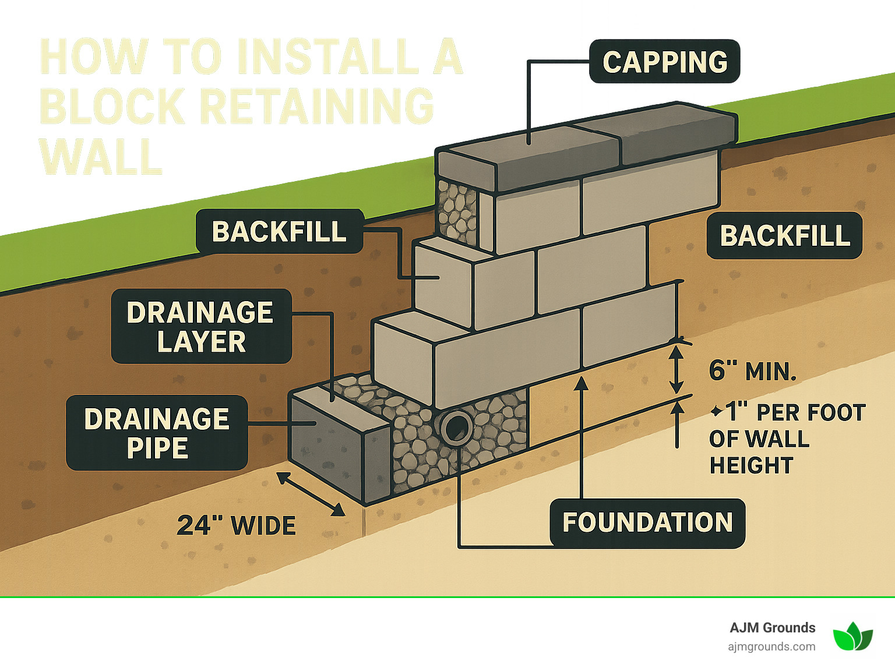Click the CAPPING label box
pyautogui.click(x=664, y=62)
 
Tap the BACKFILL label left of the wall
pyautogui.click(x=279, y=232)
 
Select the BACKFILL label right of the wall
pyautogui.click(x=784, y=236)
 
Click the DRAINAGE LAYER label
pyautogui.click(x=201, y=327)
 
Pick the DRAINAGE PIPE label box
pyautogui.click(x=157, y=433)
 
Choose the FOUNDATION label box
pyautogui.click(x=647, y=523)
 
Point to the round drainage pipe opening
pyautogui.click(x=456, y=427)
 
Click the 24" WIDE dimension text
pyautogui.click(x=236, y=526)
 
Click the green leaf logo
pyautogui.click(x=852, y=636)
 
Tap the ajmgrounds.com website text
pyautogui.click(x=771, y=647)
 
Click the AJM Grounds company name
pyautogui.click(x=773, y=628)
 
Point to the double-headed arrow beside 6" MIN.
pyautogui.click(x=676, y=369)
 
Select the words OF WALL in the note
pyautogui.click(x=759, y=439)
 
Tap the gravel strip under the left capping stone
pyautogui.click(x=457, y=211)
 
